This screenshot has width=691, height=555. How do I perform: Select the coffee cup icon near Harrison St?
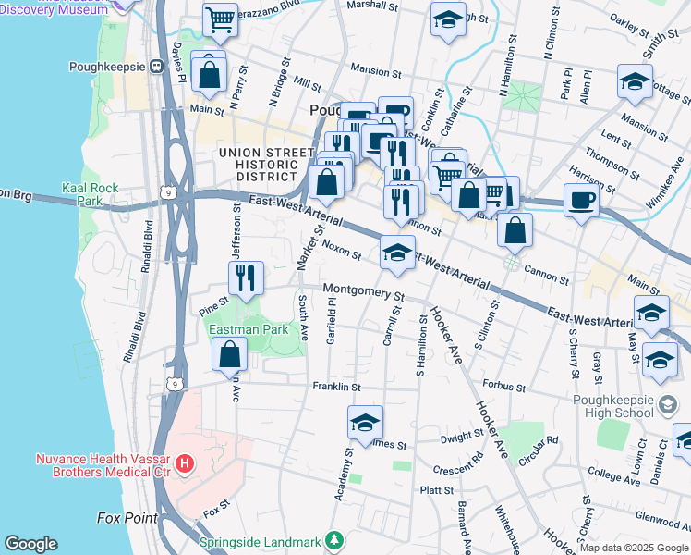point(581,200)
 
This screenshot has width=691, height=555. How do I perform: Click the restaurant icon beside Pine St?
point(246,279)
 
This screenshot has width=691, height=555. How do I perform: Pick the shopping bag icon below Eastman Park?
point(229,355)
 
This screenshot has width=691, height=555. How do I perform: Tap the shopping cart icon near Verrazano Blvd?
point(220,20)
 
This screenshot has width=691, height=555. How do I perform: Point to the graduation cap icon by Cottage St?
point(635,82)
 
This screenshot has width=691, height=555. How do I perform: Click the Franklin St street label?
point(336,386)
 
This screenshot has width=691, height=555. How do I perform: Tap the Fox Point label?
point(127,518)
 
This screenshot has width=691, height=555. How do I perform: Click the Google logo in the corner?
point(30,544)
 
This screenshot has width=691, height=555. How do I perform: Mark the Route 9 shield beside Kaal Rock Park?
point(166,192)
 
